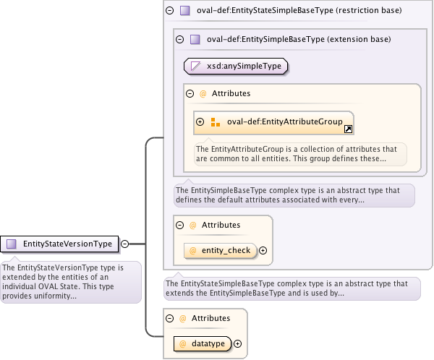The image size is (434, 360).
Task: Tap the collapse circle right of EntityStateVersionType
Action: pos(125,244)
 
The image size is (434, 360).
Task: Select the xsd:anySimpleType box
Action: pos(236,67)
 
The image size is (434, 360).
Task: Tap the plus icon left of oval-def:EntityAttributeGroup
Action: pos(200,122)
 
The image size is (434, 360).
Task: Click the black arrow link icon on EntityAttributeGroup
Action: pos(348,129)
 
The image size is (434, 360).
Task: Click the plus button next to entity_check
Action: pos(263,251)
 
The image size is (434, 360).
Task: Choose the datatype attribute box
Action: pos(202,344)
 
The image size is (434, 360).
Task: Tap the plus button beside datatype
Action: pos(237,344)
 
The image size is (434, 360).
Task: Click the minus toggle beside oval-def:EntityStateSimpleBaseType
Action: pos(170,11)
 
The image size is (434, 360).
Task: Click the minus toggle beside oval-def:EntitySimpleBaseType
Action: pos(180,40)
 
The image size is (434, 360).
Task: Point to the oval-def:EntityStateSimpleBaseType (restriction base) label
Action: pos(299,11)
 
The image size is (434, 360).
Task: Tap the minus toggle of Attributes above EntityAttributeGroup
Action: pos(190,93)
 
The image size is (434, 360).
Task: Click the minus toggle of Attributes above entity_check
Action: pos(180,225)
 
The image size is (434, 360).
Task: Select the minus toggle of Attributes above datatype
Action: pos(170,318)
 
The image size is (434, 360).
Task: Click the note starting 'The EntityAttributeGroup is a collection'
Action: pos(299,153)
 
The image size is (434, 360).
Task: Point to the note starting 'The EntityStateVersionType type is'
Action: pos(71,281)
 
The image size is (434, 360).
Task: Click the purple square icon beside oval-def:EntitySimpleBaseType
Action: pos(195,40)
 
